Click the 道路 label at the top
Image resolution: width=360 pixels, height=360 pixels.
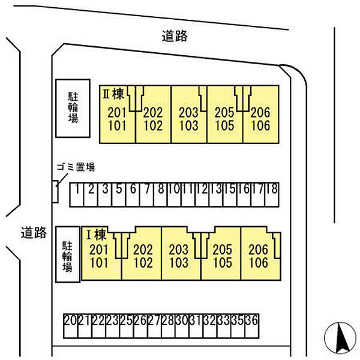point(175,37)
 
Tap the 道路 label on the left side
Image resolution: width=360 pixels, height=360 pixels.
point(33,233)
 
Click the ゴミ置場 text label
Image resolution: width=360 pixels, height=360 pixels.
point(75,167)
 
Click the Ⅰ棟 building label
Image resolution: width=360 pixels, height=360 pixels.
point(96,235)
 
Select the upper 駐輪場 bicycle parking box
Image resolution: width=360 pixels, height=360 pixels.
point(73,108)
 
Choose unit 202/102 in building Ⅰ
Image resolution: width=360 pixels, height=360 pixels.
point(143,256)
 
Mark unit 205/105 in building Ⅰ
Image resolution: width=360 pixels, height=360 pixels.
point(222,256)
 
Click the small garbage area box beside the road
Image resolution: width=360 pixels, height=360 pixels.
point(55,191)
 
